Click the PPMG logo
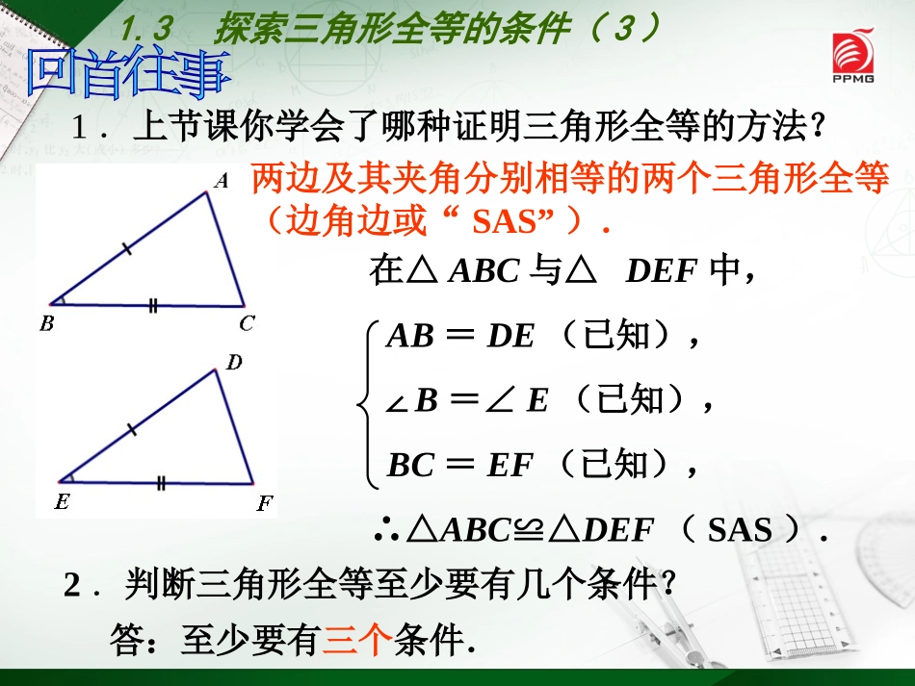(x=854, y=61)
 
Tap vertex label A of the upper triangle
(x=221, y=180)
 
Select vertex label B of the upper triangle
(x=46, y=324)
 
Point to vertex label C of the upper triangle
(x=247, y=324)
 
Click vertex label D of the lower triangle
(x=234, y=363)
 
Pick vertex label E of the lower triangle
(x=63, y=501)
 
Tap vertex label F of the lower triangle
(x=264, y=502)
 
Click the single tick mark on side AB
(x=128, y=252)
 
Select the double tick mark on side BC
(x=152, y=306)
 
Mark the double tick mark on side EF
(x=161, y=483)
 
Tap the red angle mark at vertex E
(x=67, y=476)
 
